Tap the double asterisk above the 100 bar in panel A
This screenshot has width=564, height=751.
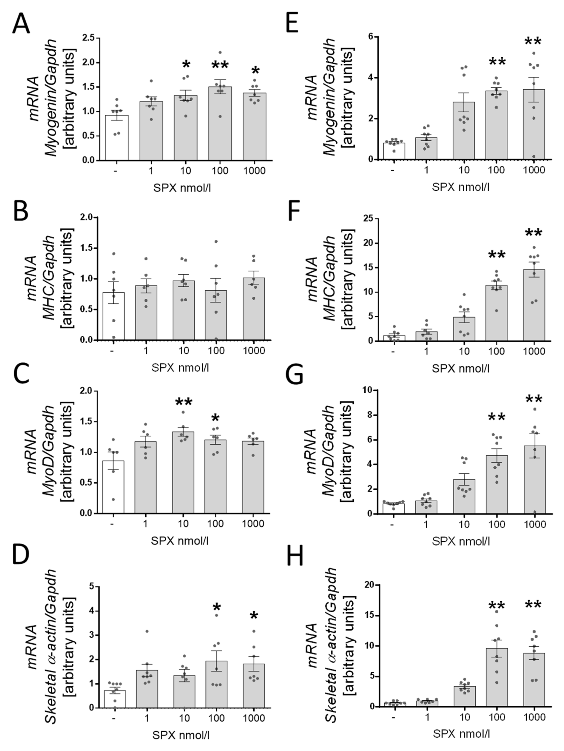click(x=220, y=65)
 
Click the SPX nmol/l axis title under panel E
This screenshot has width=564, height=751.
click(x=461, y=187)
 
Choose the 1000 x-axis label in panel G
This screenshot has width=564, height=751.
click(x=534, y=524)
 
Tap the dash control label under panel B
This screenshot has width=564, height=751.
click(x=112, y=350)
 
